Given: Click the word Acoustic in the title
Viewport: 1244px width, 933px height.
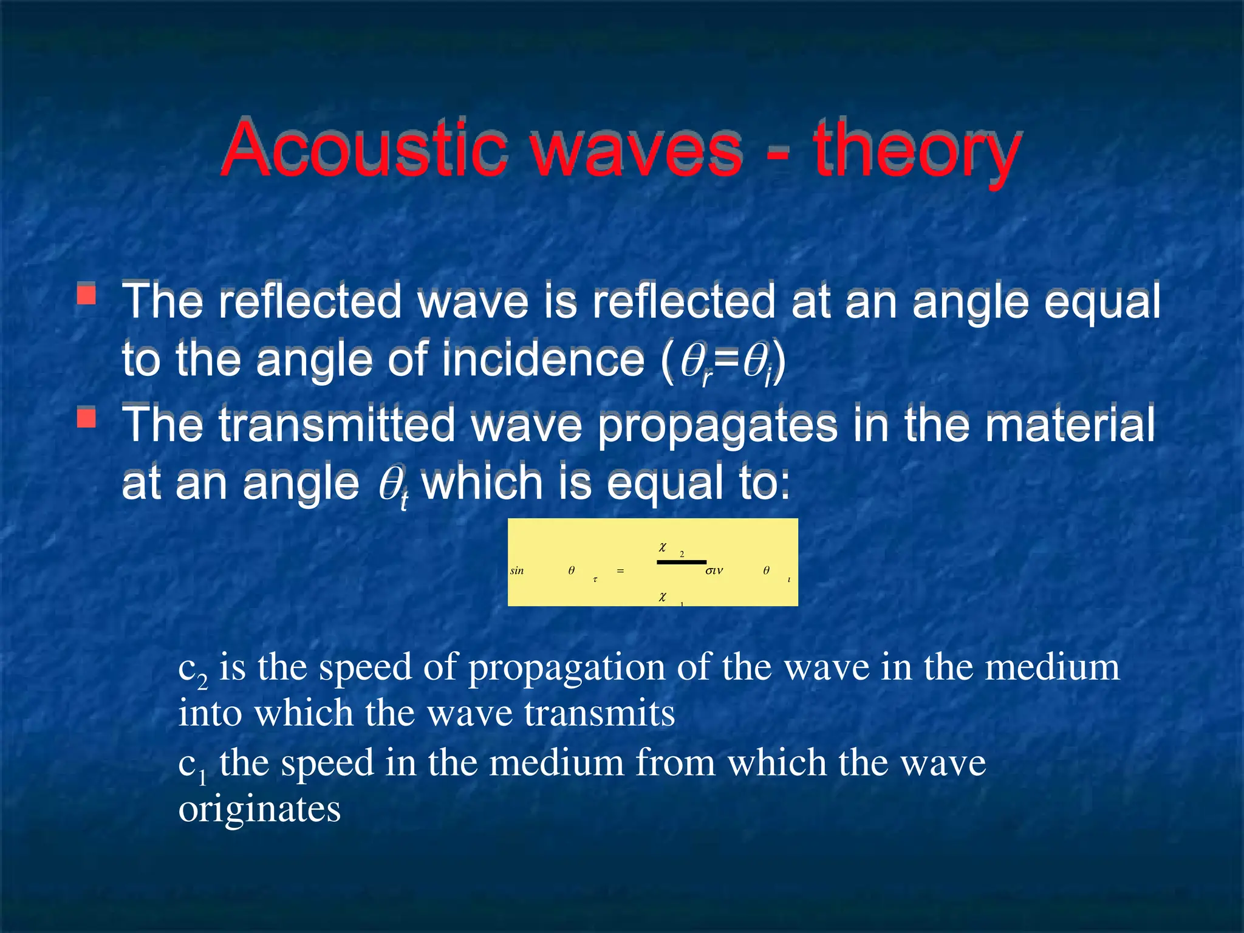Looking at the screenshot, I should pyautogui.click(x=363, y=148).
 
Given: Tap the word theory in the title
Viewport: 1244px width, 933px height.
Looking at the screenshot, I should pyautogui.click(x=917, y=151).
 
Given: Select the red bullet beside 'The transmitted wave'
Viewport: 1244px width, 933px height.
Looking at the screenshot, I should pyautogui.click(x=86, y=417).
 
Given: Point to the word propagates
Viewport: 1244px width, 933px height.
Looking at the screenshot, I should pyautogui.click(x=717, y=426).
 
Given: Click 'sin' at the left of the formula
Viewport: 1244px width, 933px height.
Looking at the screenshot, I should pyautogui.click(x=517, y=570).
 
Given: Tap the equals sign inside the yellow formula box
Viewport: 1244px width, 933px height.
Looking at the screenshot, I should pyautogui.click(x=620, y=571).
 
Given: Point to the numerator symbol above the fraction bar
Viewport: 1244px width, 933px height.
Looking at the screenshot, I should pyautogui.click(x=663, y=547).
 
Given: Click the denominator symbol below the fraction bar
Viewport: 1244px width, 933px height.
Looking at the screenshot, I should pyautogui.click(x=663, y=597).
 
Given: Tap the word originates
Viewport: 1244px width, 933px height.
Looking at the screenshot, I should pyautogui.click(x=259, y=809).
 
